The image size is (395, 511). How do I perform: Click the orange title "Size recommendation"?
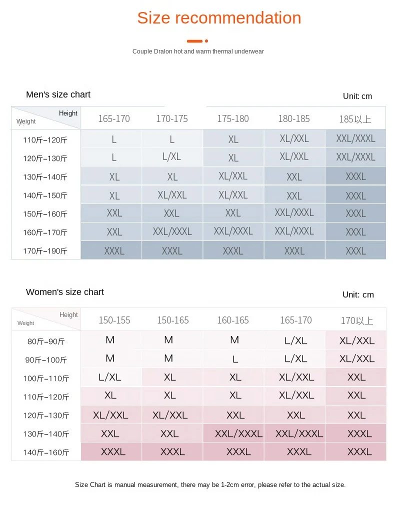219,18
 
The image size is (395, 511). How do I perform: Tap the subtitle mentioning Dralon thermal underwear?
198,51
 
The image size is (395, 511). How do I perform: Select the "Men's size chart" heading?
58,94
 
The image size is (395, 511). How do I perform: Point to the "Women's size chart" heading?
65,292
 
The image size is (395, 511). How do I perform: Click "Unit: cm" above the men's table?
357,96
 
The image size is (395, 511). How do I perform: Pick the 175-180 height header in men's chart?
233,119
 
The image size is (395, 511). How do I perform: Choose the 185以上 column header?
355,119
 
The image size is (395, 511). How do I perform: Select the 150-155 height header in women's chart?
114,320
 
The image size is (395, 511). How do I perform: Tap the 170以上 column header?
356,320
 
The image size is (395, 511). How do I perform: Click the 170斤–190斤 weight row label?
45,251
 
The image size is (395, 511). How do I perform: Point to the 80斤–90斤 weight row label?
46,342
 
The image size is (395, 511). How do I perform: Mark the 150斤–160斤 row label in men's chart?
45,214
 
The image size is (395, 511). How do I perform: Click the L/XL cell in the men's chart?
172,157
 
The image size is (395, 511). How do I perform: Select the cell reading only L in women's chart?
235,359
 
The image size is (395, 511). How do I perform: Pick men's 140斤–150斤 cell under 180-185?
294,196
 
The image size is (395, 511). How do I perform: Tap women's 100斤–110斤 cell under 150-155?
110,377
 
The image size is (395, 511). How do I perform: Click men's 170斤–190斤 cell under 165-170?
114,251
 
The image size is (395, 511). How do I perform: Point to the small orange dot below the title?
206,41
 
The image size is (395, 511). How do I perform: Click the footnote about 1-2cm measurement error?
210,484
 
